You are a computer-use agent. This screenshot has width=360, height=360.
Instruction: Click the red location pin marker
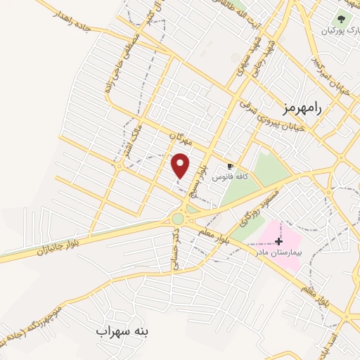(181, 166)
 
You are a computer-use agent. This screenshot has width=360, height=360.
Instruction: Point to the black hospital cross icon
(279, 241)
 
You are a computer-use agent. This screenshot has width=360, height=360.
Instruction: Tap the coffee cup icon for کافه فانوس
(230, 166)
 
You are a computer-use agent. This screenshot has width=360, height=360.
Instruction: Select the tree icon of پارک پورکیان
(341, 20)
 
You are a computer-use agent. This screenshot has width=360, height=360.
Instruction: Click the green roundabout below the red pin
(178, 219)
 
